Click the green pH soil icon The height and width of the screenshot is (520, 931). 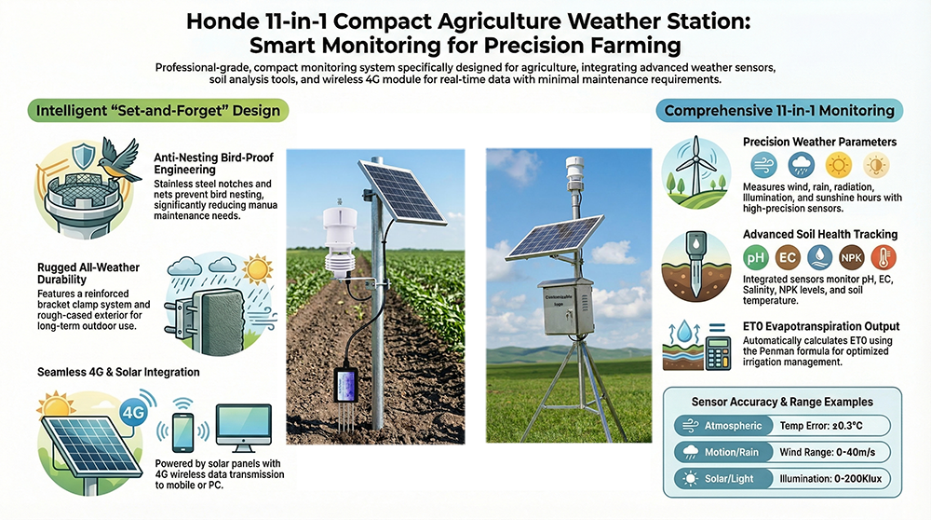click(x=756, y=258)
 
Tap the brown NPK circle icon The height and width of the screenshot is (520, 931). click(x=852, y=258)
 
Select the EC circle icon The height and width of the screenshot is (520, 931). click(x=788, y=258)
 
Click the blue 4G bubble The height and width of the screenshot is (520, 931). click(x=133, y=411)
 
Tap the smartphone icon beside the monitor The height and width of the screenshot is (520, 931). click(x=182, y=432)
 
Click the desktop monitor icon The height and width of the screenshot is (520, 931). click(x=243, y=428)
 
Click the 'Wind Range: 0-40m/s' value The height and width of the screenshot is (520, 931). click(x=827, y=452)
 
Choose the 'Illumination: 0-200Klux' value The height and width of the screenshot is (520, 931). click(x=830, y=479)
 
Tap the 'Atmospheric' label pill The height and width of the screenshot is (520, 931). click(x=723, y=426)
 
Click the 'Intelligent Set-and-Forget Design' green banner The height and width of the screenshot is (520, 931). click(x=158, y=111)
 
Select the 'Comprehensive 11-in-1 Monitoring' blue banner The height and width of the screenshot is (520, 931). click(x=779, y=111)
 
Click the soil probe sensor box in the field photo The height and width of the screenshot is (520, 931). click(x=345, y=386)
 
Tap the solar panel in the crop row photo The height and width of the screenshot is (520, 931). click(x=402, y=192)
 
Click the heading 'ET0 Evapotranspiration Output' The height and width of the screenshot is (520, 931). click(x=821, y=326)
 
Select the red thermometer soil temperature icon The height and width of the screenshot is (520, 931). click(x=884, y=258)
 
